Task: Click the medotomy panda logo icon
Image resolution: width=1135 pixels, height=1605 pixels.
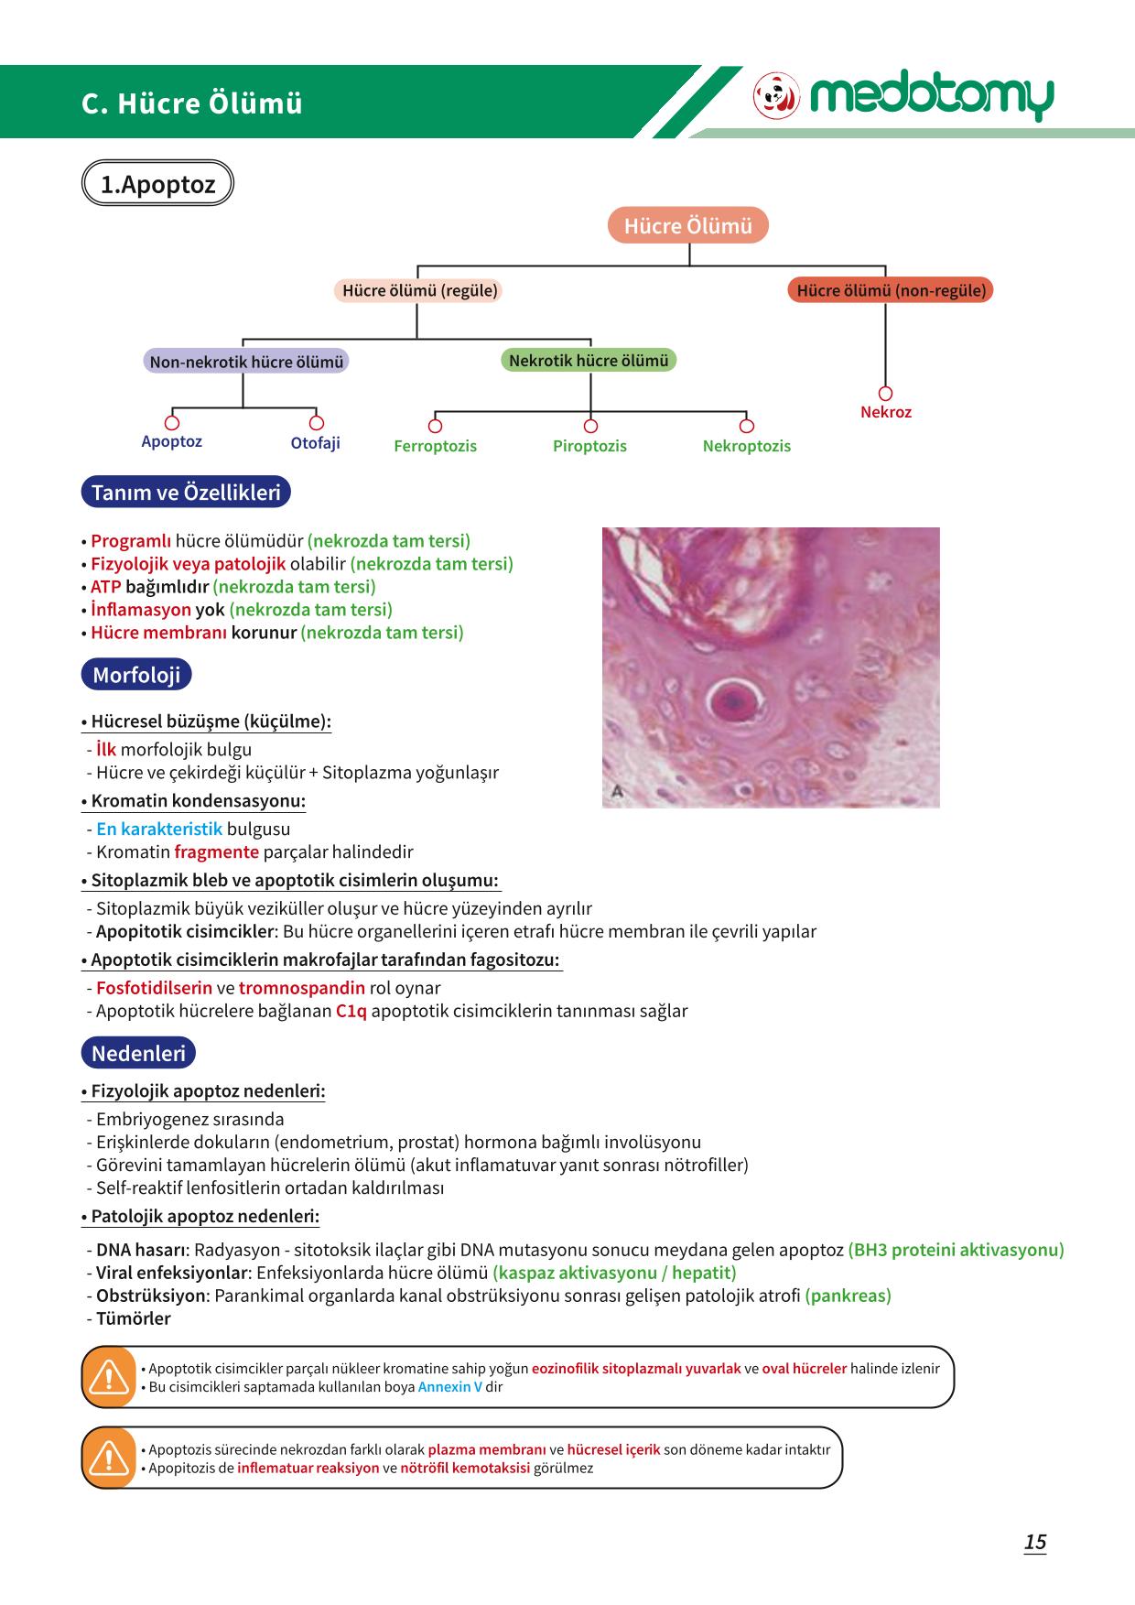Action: pyautogui.click(x=776, y=95)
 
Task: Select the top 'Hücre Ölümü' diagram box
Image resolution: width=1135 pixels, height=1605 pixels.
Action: pyautogui.click(x=688, y=225)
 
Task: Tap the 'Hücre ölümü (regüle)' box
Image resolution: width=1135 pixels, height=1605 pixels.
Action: pyautogui.click(x=419, y=290)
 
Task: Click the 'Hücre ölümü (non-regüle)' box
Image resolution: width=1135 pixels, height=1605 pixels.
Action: pyautogui.click(x=891, y=290)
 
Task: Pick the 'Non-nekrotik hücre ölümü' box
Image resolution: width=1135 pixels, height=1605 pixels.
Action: pyautogui.click(x=246, y=362)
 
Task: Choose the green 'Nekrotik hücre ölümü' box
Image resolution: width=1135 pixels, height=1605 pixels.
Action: pyautogui.click(x=589, y=360)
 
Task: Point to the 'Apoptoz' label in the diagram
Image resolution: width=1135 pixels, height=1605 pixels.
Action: pyautogui.click(x=171, y=441)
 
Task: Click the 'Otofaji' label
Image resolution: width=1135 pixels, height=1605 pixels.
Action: pyautogui.click(x=315, y=443)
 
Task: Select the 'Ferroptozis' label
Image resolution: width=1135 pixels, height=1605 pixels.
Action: pyautogui.click(x=435, y=446)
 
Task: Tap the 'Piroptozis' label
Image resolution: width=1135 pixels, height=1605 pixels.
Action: pyautogui.click(x=589, y=446)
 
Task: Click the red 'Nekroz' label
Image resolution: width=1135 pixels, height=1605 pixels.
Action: pyautogui.click(x=886, y=412)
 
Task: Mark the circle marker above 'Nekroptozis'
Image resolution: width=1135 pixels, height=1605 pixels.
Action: pyautogui.click(x=747, y=426)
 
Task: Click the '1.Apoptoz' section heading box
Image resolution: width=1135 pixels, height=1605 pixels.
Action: pyautogui.click(x=157, y=184)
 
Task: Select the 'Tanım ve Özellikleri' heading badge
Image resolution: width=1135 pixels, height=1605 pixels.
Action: pyautogui.click(x=186, y=493)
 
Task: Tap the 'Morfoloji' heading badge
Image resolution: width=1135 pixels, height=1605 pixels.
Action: pyautogui.click(x=136, y=675)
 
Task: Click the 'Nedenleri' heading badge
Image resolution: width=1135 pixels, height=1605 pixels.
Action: pyautogui.click(x=138, y=1053)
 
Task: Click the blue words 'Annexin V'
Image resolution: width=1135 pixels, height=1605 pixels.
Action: pyautogui.click(x=450, y=1386)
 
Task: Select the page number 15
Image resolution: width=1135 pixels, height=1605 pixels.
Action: pyautogui.click(x=1035, y=1543)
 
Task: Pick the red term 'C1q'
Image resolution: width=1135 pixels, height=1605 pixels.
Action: pyautogui.click(x=351, y=1012)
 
